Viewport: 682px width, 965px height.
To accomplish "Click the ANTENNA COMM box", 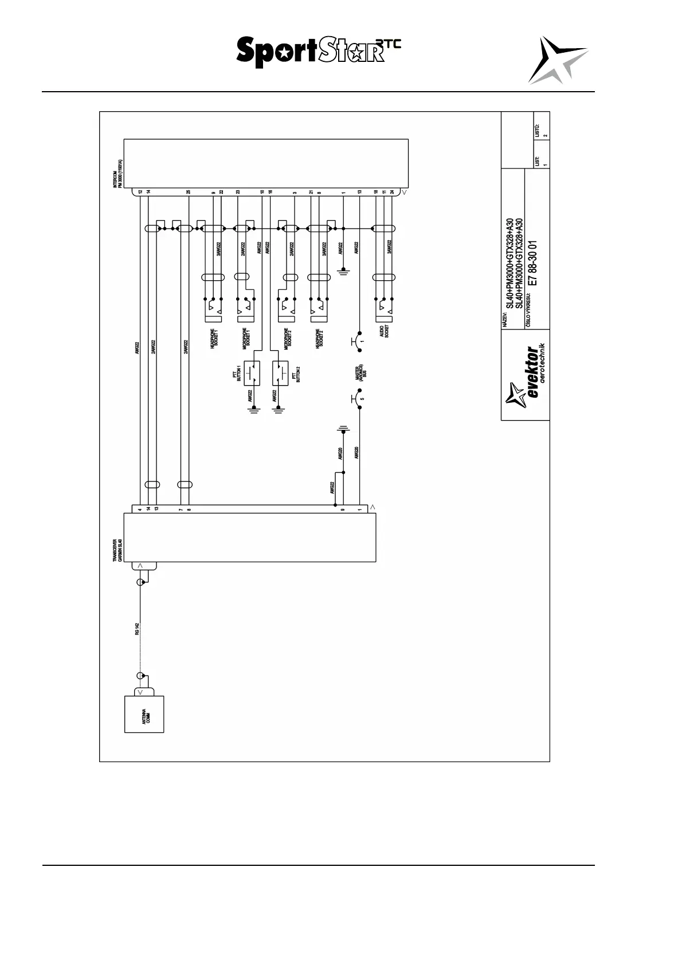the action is coord(144,714).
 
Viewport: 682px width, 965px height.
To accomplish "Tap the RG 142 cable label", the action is coord(137,629).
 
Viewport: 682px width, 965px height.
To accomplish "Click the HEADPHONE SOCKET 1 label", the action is coord(214,339).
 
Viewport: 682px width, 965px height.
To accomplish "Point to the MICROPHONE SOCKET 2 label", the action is coord(288,339).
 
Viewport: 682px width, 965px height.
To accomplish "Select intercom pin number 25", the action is coord(188,192).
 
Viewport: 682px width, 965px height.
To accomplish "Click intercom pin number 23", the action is coord(238,192).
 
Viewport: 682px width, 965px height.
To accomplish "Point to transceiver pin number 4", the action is coord(140,509).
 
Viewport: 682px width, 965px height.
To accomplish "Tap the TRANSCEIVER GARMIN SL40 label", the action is coord(116,551).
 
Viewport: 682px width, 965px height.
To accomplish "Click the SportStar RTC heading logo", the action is coord(319,52).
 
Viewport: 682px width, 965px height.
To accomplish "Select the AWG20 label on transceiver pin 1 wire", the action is coord(356,453).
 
